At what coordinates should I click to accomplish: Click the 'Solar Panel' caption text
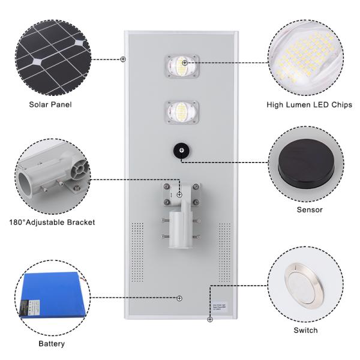(50, 104)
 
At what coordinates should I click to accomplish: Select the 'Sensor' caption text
(309, 209)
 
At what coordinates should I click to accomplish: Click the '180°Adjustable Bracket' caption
(52, 222)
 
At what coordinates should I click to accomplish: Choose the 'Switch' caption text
(305, 330)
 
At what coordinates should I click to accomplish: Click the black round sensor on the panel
(181, 150)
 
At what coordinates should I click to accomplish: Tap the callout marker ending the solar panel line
(124, 59)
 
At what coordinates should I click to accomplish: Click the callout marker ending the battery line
(179, 298)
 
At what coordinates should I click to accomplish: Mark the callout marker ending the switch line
(209, 320)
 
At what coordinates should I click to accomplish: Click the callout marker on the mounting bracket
(179, 194)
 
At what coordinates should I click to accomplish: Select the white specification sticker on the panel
(221, 308)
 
